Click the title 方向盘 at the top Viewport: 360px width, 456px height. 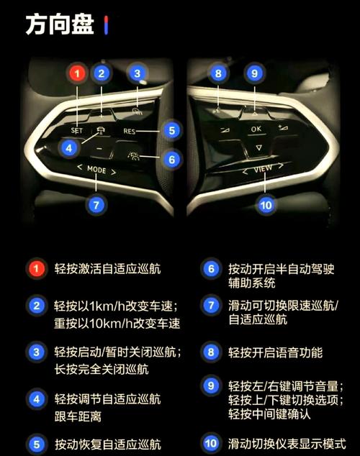tap(59, 25)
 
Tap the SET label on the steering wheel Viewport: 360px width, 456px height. tap(78, 131)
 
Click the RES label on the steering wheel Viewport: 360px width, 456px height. tap(130, 132)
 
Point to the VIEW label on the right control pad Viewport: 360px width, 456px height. tap(263, 170)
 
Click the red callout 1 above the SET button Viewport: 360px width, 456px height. tap(78, 73)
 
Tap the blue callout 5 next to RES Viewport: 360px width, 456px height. tap(170, 130)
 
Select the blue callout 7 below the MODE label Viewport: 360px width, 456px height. tap(96, 204)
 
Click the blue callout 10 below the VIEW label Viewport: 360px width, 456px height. tap(266, 205)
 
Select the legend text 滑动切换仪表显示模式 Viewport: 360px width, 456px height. tap(285, 443)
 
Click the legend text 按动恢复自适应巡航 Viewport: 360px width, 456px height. tap(107, 444)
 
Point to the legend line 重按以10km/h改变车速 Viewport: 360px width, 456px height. tap(117, 323)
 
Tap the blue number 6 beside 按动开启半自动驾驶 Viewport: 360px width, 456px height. tap(211, 269)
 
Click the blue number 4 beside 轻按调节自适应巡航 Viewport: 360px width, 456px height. tap(36, 398)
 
